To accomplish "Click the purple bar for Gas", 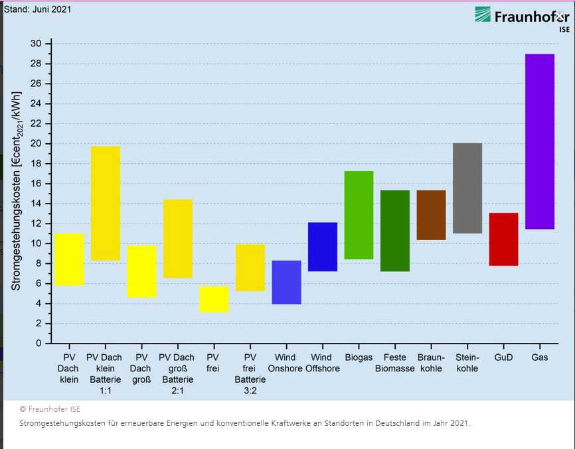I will tap(539, 141).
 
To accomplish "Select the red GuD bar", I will tap(503, 239).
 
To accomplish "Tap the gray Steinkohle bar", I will tap(467, 188).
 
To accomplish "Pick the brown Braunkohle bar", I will tap(431, 215).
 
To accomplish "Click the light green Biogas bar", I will tap(359, 215).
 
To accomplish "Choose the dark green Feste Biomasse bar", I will tap(395, 231).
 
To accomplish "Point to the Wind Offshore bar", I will tap(323, 247).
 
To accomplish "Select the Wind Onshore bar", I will tap(286, 282).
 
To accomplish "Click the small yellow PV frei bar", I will tap(214, 299).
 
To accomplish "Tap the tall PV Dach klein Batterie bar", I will tap(106, 203).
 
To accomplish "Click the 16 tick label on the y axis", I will tap(36, 184).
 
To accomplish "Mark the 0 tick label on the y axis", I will tap(39, 344).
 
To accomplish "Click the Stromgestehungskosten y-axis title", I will tap(17, 192).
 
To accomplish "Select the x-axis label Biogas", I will tap(359, 358).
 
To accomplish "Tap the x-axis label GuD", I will tap(503, 358).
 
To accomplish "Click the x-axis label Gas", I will tap(539, 358).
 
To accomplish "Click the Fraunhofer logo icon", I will tap(483, 15).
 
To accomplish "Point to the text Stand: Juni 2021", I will tap(38, 9).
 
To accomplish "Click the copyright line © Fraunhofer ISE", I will tap(50, 409).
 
